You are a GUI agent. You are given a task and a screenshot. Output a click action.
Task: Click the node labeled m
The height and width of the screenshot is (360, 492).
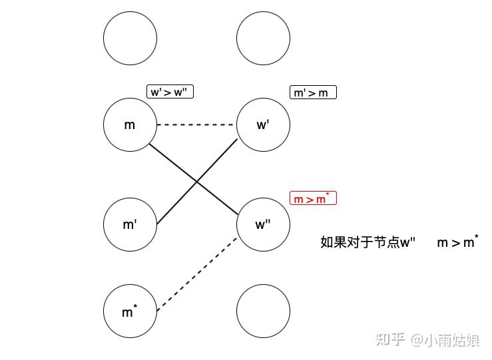[130, 125]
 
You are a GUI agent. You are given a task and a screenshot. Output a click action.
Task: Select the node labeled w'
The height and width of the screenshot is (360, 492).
[263, 125]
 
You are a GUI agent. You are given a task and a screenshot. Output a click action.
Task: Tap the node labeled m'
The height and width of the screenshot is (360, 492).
[130, 224]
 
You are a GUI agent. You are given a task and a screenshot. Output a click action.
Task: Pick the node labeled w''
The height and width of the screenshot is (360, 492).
[263, 224]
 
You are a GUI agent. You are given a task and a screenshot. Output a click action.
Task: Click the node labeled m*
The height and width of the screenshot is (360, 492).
[130, 311]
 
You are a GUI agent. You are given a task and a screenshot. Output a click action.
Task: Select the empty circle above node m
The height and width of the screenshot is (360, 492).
[130, 38]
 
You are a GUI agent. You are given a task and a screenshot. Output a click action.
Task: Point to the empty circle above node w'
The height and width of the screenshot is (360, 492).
[263, 38]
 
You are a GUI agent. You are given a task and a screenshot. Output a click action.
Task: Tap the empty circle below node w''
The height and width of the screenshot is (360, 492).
[263, 311]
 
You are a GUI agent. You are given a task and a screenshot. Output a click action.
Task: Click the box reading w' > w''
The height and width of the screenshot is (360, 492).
[170, 92]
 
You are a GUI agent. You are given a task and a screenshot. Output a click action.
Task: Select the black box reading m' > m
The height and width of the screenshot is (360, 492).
[313, 92]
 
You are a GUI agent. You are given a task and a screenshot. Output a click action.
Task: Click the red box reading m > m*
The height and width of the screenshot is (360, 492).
[313, 198]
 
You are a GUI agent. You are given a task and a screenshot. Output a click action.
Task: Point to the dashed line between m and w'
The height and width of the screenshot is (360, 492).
[196, 125]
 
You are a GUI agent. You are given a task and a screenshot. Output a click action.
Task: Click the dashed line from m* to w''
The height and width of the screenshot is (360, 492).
[197, 274]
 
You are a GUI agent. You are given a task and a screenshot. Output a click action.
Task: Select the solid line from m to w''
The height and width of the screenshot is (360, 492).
[194, 180]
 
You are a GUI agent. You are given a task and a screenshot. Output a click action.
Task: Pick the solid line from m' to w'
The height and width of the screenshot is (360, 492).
[197, 182]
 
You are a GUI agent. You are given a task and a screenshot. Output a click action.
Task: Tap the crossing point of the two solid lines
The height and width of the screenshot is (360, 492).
[197, 182]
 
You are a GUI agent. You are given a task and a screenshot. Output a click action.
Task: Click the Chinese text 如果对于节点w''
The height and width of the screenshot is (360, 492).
[368, 242]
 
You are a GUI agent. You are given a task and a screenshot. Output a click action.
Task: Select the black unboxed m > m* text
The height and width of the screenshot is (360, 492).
[458, 242]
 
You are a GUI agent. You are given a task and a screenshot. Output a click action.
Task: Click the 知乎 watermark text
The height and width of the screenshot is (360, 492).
[390, 339]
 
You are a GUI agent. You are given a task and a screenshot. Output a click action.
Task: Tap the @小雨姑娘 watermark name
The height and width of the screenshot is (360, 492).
[445, 340]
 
